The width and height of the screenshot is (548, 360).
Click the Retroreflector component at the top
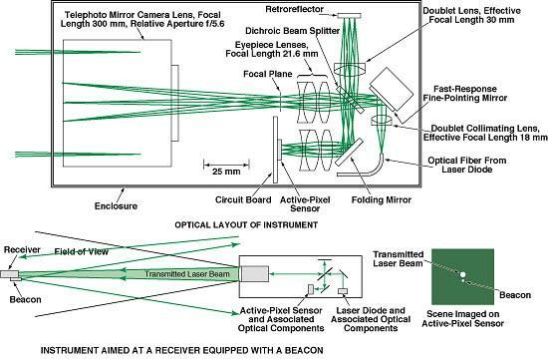point(349,15)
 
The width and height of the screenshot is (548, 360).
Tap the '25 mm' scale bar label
point(226,172)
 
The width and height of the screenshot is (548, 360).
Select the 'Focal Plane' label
point(268,74)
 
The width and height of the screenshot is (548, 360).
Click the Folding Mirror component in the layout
point(349,152)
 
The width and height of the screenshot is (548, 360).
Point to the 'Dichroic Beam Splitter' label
point(293,31)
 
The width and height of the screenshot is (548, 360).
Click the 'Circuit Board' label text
point(243,199)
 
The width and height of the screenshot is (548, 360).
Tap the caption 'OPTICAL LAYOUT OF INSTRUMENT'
point(246,225)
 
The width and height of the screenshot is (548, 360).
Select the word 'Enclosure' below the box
point(116,205)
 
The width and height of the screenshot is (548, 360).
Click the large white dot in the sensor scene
point(462,274)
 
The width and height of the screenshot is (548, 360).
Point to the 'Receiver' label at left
point(22,249)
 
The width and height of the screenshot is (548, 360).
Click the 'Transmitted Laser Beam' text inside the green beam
point(187,274)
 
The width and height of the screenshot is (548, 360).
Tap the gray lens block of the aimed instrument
point(254,274)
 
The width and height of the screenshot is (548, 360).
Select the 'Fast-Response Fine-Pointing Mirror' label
point(465,93)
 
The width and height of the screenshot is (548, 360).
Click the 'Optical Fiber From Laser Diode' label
point(467,165)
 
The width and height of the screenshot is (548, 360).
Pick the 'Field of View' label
point(82,251)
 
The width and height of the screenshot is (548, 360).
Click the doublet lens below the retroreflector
point(350,69)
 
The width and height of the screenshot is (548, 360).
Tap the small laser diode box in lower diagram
point(343,291)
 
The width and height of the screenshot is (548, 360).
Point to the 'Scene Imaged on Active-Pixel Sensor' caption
point(462,319)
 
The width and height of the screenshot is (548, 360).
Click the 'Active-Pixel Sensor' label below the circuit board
point(305,204)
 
